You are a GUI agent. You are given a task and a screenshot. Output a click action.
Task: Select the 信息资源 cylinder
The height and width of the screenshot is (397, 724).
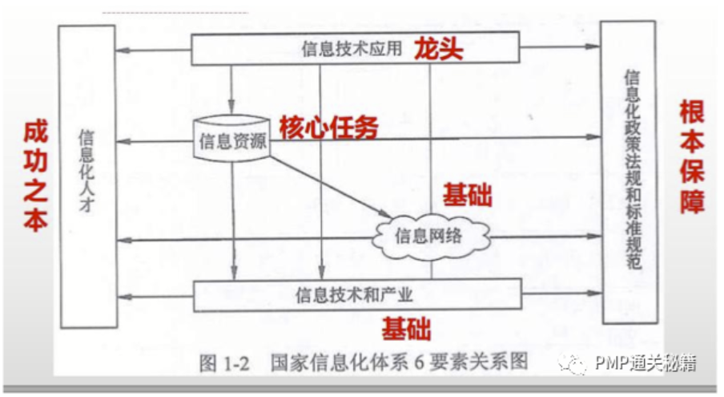point(231,140)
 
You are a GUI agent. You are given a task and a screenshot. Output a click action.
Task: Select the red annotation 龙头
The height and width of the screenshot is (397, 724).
point(439,49)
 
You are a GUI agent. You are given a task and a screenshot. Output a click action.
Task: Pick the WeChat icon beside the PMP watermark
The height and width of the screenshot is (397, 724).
point(577,366)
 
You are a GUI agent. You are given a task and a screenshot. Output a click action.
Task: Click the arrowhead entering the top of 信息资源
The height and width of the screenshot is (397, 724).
point(231,111)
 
